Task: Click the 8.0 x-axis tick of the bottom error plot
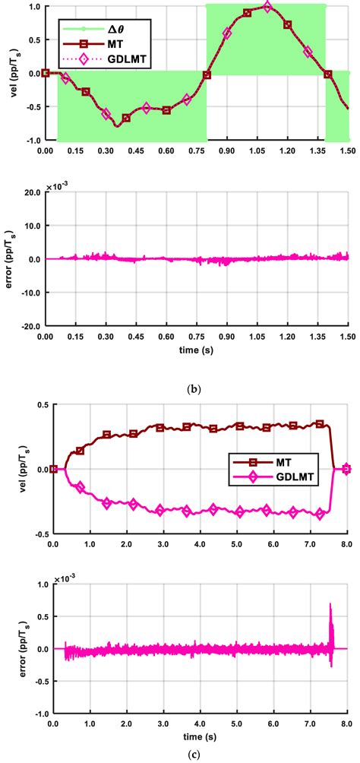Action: point(346,723)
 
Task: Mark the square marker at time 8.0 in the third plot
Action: point(346,469)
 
